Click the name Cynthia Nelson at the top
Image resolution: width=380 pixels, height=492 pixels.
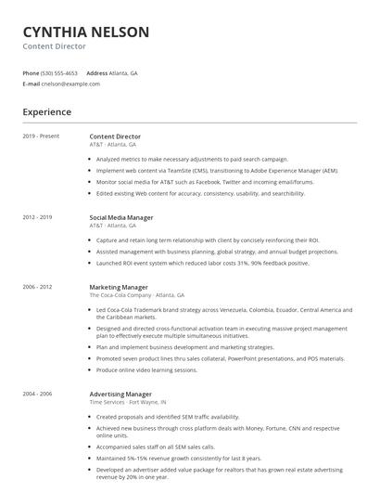pyautogui.click(x=85, y=32)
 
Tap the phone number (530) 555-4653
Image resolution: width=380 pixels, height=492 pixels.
pyautogui.click(x=59, y=72)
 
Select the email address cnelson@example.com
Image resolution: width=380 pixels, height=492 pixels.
pyautogui.click(x=70, y=84)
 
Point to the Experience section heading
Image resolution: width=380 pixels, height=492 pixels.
pyautogui.click(x=46, y=112)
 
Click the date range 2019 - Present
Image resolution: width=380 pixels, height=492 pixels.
pyautogui.click(x=41, y=136)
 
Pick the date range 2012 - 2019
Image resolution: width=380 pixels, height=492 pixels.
pyautogui.click(x=37, y=217)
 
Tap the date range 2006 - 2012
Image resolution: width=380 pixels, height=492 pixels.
pyautogui.click(x=37, y=287)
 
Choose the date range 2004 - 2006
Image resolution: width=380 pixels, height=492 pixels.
pyautogui.click(x=37, y=394)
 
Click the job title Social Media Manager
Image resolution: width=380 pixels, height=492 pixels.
pyautogui.click(x=120, y=217)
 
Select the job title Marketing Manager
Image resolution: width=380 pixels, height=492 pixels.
pyautogui.click(x=118, y=287)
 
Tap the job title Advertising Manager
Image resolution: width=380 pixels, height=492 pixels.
pyautogui.click(x=120, y=394)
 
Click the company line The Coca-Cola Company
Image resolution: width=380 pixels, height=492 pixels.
pyautogui.click(x=120, y=295)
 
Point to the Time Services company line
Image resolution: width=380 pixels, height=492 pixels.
pyautogui.click(x=108, y=402)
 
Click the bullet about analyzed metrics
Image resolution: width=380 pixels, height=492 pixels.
pyautogui.click(x=192, y=159)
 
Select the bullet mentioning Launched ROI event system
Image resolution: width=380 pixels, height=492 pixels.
pyautogui.click(x=202, y=264)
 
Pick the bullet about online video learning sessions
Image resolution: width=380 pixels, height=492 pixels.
pyautogui.click(x=146, y=369)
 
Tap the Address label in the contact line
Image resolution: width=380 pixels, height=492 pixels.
pyautogui.click(x=96, y=72)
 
